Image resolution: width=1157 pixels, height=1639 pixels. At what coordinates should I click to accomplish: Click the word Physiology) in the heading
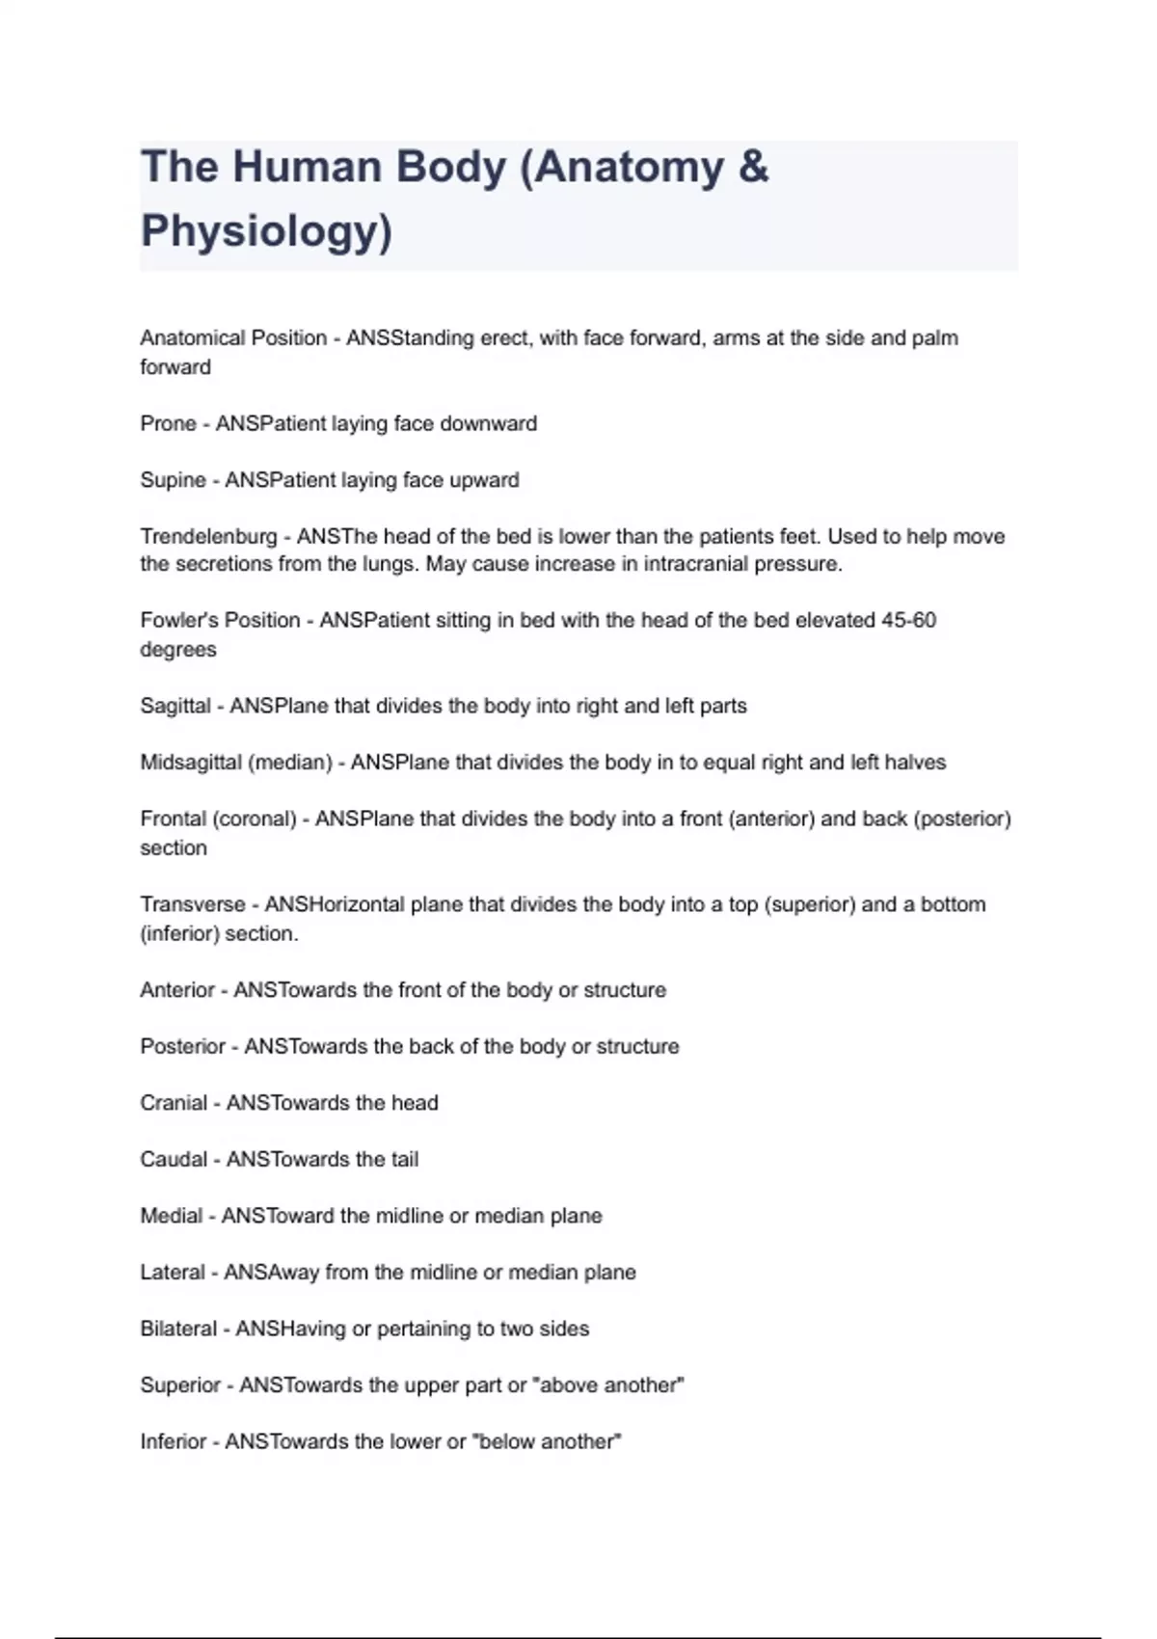(x=266, y=231)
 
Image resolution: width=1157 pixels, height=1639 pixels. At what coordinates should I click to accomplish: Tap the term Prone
(x=168, y=424)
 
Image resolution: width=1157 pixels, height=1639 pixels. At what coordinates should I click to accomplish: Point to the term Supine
(x=173, y=480)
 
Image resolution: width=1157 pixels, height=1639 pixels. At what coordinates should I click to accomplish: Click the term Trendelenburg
(x=208, y=536)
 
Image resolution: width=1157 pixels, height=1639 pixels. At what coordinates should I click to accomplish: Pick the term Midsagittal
(x=191, y=763)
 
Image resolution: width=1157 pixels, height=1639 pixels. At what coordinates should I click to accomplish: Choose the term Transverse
(x=193, y=904)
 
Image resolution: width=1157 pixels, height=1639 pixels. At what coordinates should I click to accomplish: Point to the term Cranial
(x=174, y=1103)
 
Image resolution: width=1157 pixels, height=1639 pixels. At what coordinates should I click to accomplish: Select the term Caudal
(x=174, y=1160)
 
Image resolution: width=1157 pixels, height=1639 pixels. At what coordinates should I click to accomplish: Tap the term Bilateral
(x=178, y=1329)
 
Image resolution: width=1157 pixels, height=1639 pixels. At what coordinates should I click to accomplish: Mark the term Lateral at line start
(x=173, y=1273)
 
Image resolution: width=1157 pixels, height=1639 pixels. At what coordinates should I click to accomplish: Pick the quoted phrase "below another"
(x=548, y=1442)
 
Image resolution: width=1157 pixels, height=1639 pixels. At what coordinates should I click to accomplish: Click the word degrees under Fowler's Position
(x=178, y=650)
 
